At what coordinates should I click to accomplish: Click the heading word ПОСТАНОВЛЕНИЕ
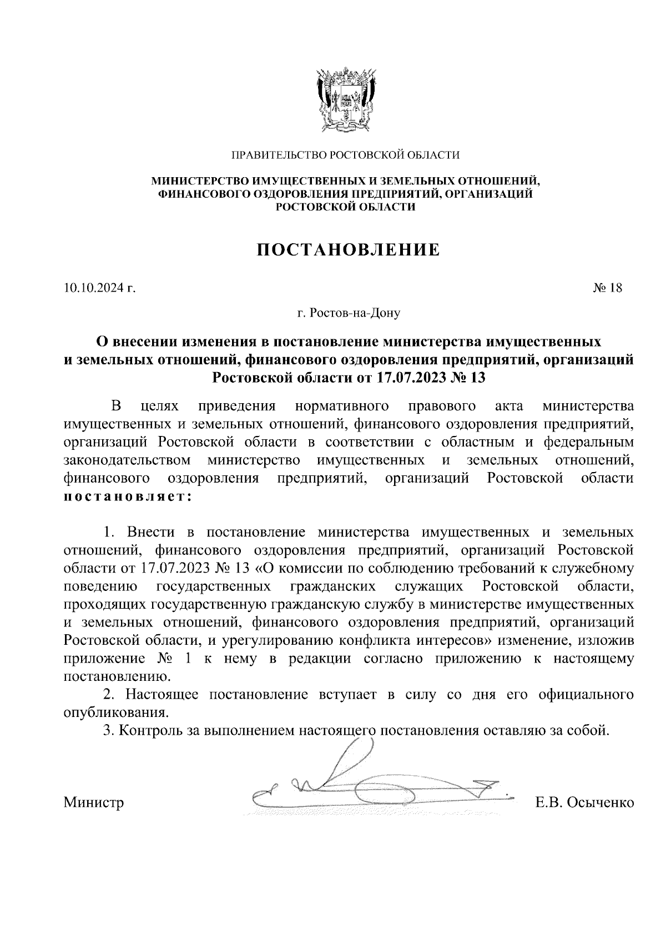point(348,250)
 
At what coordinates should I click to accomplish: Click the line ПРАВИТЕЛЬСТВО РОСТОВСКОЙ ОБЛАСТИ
point(345,155)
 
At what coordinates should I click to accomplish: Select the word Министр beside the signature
point(94,802)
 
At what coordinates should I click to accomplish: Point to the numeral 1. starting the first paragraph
point(109,533)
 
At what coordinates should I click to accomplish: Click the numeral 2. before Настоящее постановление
point(109,694)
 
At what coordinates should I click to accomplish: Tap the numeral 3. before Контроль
point(109,730)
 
